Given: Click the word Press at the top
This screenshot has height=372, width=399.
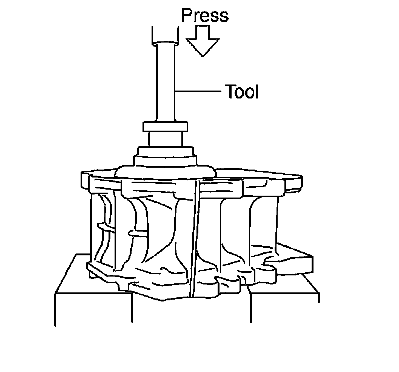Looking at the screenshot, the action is pyautogui.click(x=205, y=16).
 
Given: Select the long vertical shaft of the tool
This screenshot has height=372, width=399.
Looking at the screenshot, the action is pyautogui.click(x=165, y=82).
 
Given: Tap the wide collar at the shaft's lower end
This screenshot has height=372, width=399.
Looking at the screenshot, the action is pyautogui.click(x=166, y=127).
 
